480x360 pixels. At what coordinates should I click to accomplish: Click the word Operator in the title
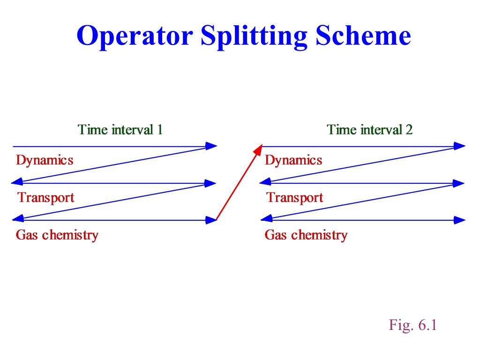135,37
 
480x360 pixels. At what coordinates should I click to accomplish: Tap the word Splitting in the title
254,37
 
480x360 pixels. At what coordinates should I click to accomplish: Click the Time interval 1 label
120,129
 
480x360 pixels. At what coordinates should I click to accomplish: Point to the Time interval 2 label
369,129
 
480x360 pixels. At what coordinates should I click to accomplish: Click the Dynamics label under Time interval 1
45,160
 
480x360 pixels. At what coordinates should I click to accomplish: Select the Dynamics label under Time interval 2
293,160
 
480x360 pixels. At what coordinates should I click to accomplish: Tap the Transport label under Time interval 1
46,198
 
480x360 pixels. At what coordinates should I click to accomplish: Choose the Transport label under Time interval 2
295,198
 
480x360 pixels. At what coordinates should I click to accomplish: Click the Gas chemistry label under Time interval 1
57,235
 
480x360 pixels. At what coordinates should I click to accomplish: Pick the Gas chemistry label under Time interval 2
306,235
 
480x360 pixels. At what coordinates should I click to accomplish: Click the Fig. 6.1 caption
412,325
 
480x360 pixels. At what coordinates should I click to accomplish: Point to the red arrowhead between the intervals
258,150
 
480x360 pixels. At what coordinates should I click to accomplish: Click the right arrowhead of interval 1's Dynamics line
211,146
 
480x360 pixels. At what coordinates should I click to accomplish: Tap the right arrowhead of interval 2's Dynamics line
459,146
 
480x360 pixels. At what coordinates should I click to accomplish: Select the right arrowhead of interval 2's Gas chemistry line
459,220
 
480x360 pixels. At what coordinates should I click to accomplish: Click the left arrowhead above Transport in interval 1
17,181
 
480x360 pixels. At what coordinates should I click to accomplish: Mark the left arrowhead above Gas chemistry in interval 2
266,218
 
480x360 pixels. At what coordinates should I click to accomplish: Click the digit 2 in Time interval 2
409,130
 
